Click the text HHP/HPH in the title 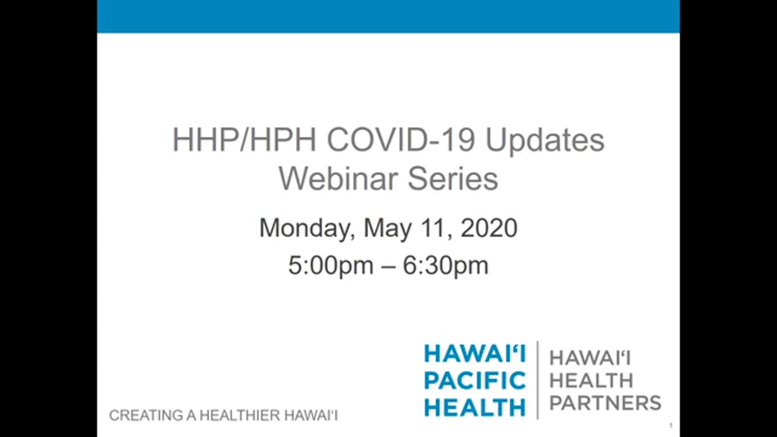(244, 140)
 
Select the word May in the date (387, 229)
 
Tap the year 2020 (489, 228)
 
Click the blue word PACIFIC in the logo (475, 380)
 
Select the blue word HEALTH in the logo (475, 407)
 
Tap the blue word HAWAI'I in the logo (475, 353)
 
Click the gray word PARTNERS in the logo (605, 403)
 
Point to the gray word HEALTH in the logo (591, 380)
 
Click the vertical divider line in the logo (538, 380)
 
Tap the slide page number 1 (671, 425)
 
